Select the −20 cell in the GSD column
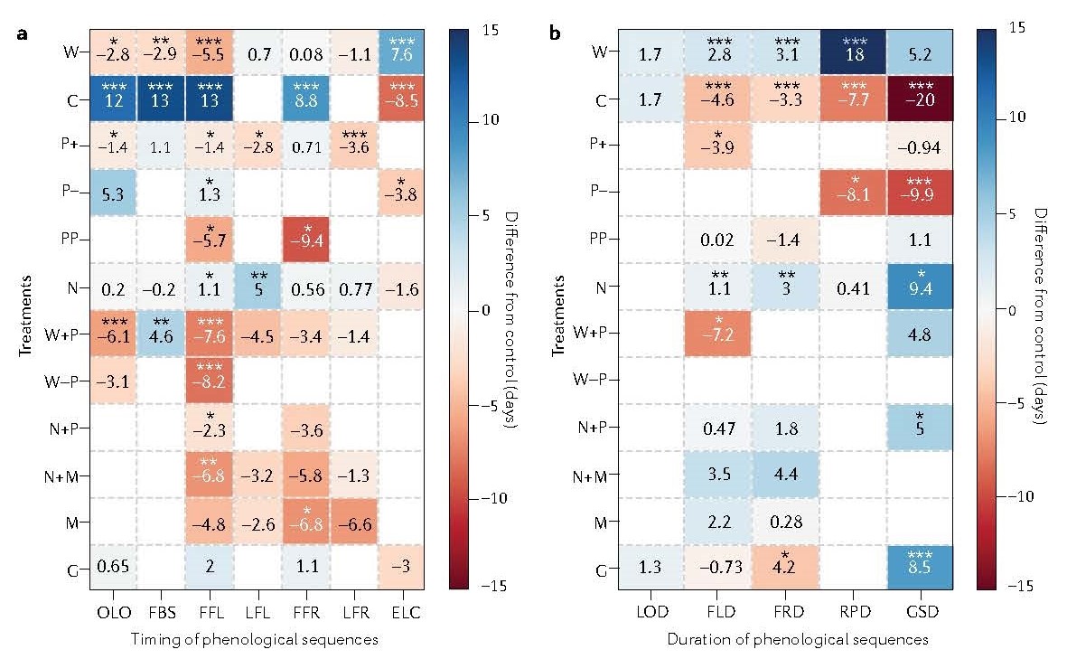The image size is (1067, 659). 913,99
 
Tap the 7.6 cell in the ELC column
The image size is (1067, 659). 402,52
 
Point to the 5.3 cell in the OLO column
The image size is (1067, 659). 114,193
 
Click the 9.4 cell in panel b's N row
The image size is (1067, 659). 913,287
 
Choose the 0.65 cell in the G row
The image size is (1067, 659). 114,569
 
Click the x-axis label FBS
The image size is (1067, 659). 162,613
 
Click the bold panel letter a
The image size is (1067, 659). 20,34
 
